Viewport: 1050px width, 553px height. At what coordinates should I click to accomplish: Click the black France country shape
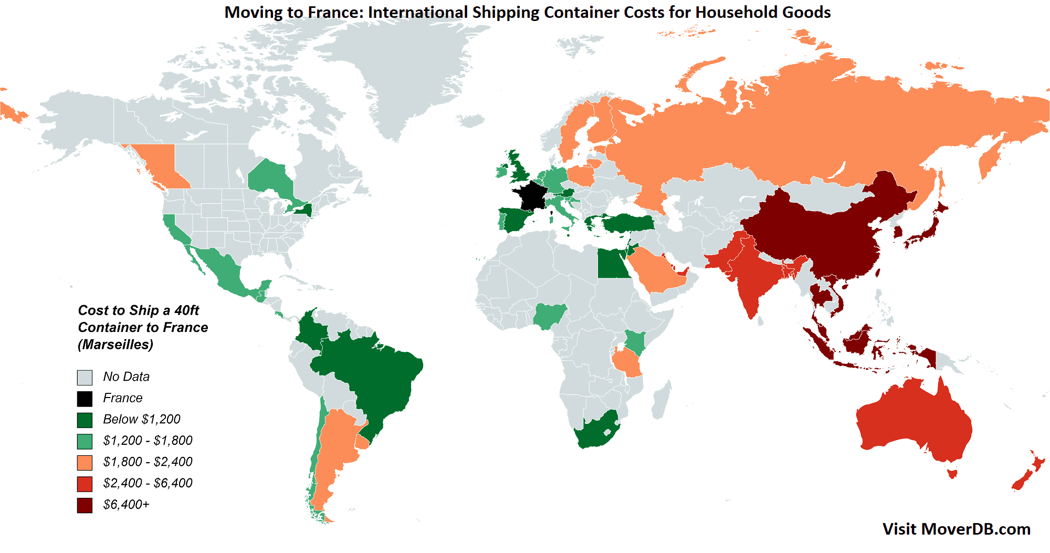[x=530, y=195]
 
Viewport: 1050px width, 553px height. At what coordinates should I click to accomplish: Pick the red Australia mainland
[x=913, y=420]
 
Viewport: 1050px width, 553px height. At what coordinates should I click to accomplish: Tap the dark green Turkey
[x=627, y=223]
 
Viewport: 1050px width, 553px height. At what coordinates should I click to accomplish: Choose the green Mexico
[x=220, y=268]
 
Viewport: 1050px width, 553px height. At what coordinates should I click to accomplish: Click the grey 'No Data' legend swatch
[x=85, y=377]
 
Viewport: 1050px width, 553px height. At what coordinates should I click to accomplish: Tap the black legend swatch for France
[x=85, y=399]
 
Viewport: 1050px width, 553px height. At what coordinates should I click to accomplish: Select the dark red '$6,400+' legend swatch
[x=85, y=505]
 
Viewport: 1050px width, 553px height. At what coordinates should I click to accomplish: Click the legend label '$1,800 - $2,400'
[x=148, y=462]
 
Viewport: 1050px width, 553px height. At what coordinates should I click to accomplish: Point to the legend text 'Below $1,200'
[x=141, y=419]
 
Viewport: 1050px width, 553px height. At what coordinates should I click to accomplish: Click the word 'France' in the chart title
[x=334, y=12]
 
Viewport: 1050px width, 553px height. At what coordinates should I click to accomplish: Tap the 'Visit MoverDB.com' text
[x=956, y=529]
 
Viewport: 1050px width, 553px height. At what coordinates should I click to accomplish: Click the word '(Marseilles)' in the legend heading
[x=115, y=345]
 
